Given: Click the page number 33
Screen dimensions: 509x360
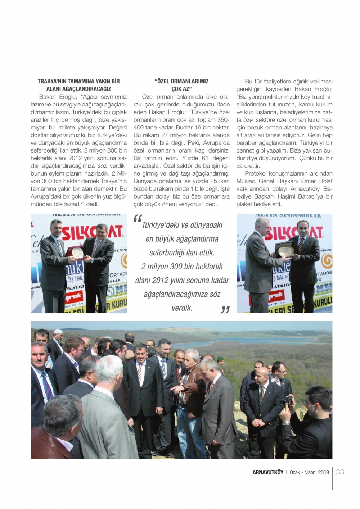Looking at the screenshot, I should pos(340,472).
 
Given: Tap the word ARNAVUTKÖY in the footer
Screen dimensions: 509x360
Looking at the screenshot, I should pos(268,472).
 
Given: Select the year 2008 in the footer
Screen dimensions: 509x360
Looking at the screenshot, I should pos(323,472).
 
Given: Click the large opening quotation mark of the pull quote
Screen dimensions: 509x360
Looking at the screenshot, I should pos(138,219).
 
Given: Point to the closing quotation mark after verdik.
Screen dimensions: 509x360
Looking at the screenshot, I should pos(225,310).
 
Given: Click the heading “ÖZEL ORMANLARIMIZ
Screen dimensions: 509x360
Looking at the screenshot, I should pos(181,81).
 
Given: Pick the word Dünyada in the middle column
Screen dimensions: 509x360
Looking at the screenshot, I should pos(144,181).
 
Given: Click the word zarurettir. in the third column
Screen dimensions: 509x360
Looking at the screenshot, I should pos(248,166).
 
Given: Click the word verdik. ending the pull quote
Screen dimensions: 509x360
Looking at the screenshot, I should pos(182,308).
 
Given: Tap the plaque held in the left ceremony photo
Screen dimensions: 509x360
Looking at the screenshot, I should pos(77,253).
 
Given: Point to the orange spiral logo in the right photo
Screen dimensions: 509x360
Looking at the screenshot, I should pos(327,261).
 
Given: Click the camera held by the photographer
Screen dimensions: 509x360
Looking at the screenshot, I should pos(288,400).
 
